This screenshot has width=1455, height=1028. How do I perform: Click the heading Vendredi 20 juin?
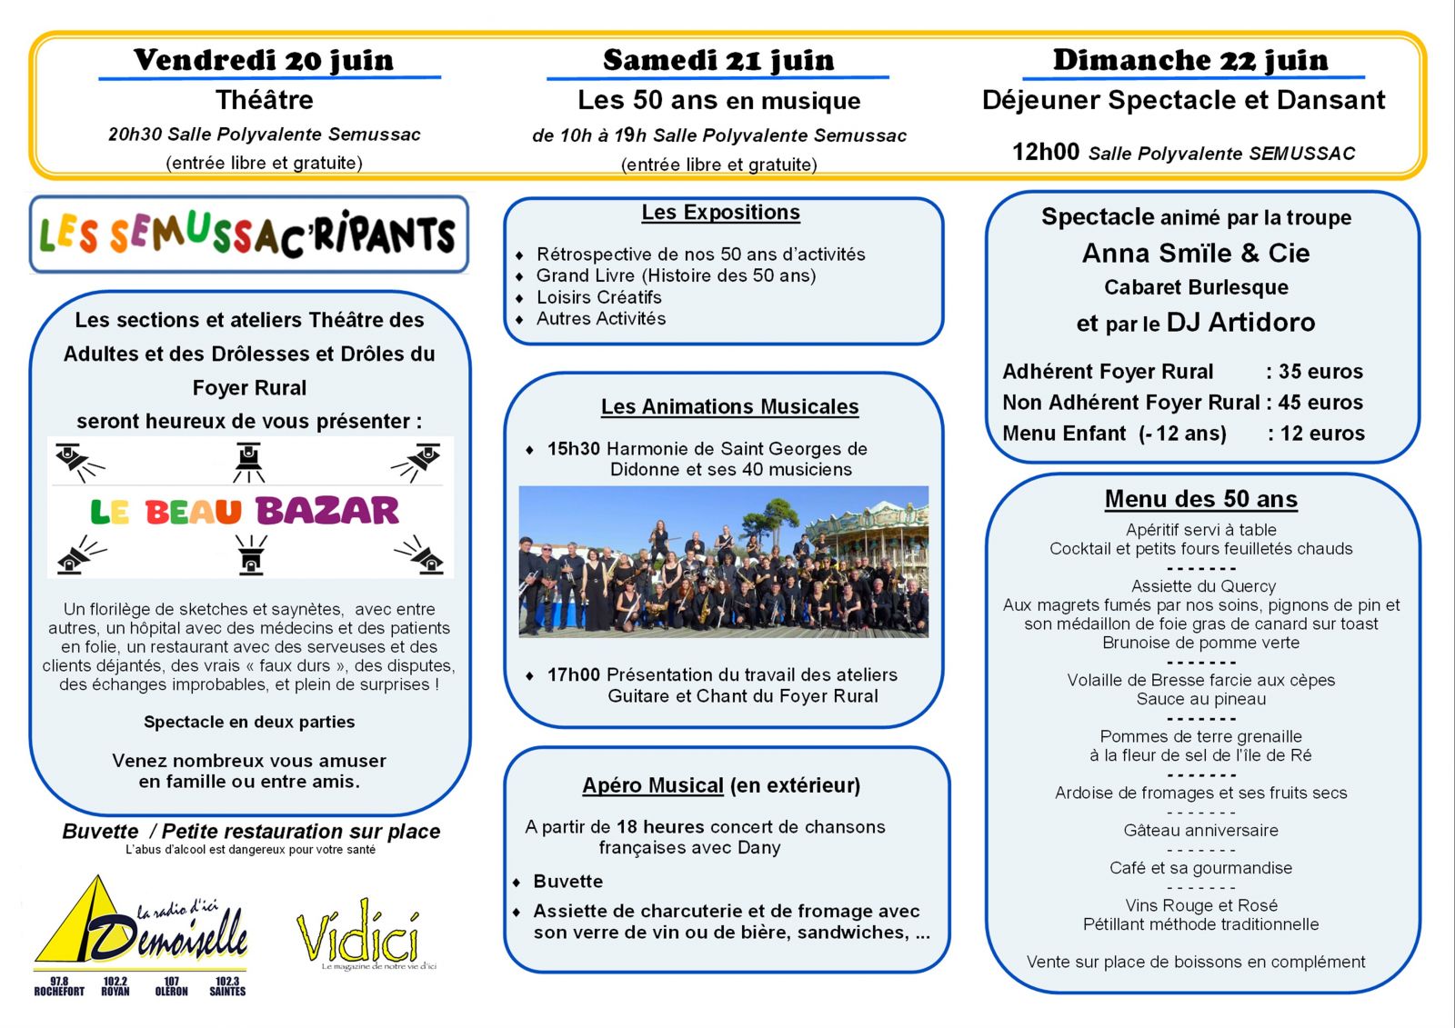(x=264, y=60)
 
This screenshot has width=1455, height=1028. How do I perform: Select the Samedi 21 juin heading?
(x=718, y=60)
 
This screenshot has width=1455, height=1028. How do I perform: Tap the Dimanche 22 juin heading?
(x=1190, y=60)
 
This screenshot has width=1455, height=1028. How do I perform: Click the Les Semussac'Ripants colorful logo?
(x=248, y=235)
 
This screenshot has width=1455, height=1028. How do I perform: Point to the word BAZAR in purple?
(x=327, y=511)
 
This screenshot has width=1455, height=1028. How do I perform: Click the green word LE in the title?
(x=109, y=512)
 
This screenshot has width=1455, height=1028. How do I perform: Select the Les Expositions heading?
(x=720, y=213)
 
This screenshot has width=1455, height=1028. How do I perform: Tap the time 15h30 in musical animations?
(x=573, y=449)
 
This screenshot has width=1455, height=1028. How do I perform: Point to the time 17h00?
(x=573, y=675)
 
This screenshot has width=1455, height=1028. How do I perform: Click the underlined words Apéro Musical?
(x=653, y=785)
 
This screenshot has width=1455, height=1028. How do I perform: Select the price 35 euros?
(x=1320, y=372)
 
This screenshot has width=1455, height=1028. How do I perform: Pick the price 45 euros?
(x=1320, y=403)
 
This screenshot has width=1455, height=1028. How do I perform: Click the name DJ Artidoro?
(x=1240, y=323)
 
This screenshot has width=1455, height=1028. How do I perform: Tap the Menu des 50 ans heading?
(x=1200, y=499)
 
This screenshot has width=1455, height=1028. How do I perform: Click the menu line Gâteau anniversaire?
(x=1200, y=831)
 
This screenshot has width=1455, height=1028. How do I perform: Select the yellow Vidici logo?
(x=359, y=933)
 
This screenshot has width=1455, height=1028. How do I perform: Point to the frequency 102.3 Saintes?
(x=227, y=986)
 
